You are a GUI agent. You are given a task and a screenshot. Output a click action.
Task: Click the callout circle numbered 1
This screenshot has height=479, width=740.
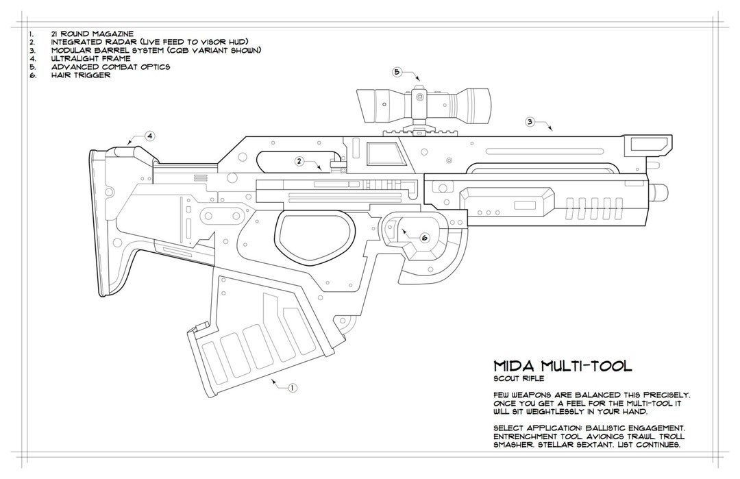tap(293, 388)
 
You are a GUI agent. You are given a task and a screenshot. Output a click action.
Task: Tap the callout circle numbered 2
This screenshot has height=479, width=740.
tap(299, 161)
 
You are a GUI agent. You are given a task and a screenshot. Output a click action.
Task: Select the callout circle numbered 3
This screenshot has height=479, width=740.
tap(530, 122)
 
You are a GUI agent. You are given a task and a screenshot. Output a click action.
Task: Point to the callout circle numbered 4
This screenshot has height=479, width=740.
tap(149, 136)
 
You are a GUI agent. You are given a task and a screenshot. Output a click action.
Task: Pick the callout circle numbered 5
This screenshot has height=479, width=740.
tap(397, 71)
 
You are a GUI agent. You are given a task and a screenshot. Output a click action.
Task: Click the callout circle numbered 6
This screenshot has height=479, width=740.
tap(424, 238)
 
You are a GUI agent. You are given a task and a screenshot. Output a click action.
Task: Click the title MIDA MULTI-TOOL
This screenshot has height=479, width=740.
tap(562, 367)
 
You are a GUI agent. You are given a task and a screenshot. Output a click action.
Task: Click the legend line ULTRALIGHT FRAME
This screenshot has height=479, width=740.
tap(85, 58)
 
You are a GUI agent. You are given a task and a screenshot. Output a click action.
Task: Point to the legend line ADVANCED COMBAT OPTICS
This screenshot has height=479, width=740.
tap(110, 66)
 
